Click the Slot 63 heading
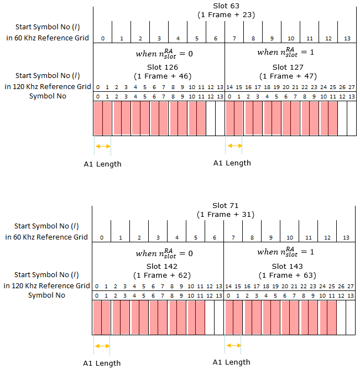point(226,6)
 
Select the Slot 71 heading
point(226,205)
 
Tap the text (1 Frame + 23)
point(226,15)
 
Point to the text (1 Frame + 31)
point(226,215)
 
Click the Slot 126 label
point(163,67)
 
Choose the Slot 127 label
point(288,67)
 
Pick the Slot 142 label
point(161,267)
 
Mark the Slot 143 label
point(287,267)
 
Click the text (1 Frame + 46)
point(163,76)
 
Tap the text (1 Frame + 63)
point(287,276)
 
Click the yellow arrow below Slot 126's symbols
point(103,147)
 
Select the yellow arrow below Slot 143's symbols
point(234,345)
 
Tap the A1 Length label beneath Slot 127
point(232,163)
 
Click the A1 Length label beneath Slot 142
point(102,363)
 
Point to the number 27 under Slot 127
point(352,87)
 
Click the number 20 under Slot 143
point(285,287)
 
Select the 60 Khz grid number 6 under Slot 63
point(216,39)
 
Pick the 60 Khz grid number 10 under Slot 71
point(290,238)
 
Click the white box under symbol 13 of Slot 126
point(220,118)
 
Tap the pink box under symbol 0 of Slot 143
point(229,318)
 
